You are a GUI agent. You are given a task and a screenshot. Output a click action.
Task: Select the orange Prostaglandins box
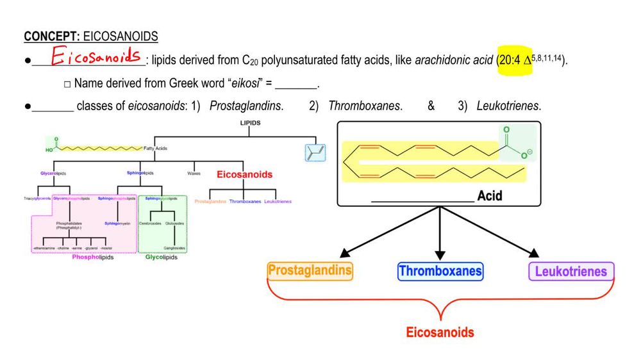pyautogui.click(x=310, y=270)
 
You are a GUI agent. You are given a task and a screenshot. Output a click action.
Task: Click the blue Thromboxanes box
pyautogui.click(x=440, y=271)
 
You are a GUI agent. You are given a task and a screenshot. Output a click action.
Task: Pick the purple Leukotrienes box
pyautogui.click(x=570, y=271)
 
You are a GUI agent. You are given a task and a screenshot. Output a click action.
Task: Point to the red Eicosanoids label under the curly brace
pyautogui.click(x=440, y=332)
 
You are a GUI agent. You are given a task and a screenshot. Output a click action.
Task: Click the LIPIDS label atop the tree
pyautogui.click(x=250, y=124)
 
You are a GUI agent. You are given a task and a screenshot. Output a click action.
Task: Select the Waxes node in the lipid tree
pyautogui.click(x=194, y=173)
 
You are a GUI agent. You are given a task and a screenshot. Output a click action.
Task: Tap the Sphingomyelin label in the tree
pyautogui.click(x=117, y=224)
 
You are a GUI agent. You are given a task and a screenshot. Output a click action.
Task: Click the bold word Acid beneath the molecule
pyautogui.click(x=490, y=196)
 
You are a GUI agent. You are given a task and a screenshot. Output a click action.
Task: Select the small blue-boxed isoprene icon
pyautogui.click(x=315, y=152)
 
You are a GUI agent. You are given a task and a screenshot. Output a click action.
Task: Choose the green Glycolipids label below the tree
pyautogui.click(x=162, y=258)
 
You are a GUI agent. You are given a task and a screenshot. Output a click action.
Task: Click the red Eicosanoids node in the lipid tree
pyautogui.click(x=244, y=174)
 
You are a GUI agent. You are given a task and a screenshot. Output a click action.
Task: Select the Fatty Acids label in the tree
pyautogui.click(x=156, y=149)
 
